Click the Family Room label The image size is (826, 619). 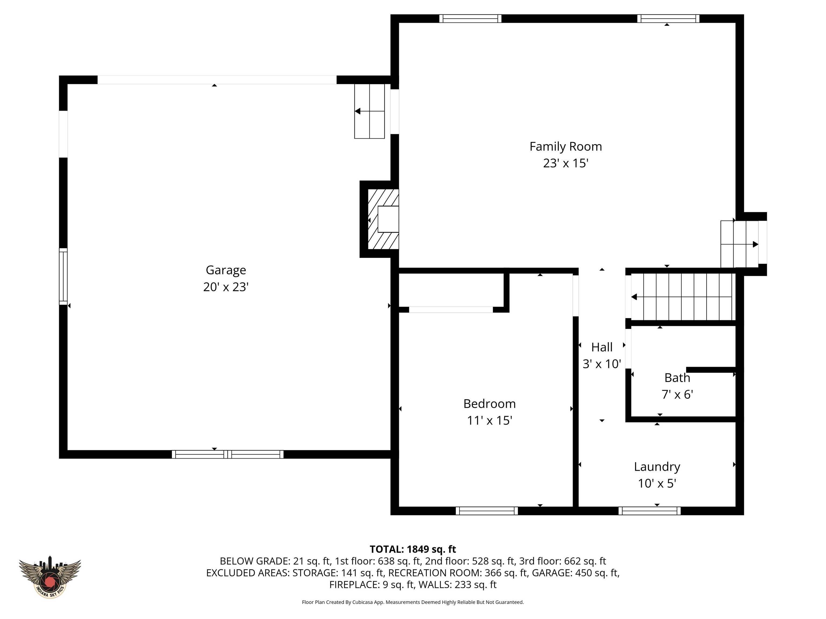click(565, 146)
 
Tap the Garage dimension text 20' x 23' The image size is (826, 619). click(226, 287)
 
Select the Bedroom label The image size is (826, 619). click(489, 404)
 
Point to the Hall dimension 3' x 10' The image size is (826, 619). click(601, 364)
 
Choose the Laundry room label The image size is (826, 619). click(657, 467)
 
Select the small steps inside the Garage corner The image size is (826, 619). click(369, 111)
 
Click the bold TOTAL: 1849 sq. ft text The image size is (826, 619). click(413, 549)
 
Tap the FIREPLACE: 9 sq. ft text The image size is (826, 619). click(372, 585)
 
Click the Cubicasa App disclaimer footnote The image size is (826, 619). click(413, 602)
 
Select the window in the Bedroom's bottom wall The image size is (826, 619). click(487, 511)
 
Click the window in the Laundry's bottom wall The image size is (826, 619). click(649, 511)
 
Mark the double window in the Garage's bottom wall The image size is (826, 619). click(227, 454)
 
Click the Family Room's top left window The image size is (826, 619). click(470, 19)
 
